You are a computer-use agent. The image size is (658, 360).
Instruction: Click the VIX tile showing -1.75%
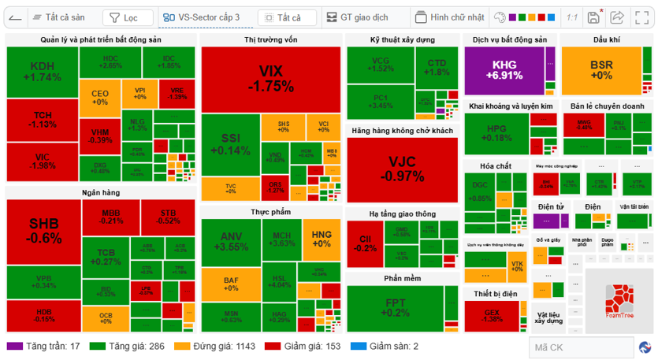[270, 80]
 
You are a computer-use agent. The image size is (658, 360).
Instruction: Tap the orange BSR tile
[601, 70]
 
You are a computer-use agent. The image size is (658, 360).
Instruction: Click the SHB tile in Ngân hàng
[44, 231]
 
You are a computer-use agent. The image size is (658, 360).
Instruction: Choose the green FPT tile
[402, 308]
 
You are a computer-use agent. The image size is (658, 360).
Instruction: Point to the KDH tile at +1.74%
[42, 72]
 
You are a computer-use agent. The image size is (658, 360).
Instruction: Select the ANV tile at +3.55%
[232, 242]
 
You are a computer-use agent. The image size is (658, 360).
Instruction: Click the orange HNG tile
[322, 239]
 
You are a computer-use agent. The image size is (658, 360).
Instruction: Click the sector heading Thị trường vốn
[270, 39]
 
